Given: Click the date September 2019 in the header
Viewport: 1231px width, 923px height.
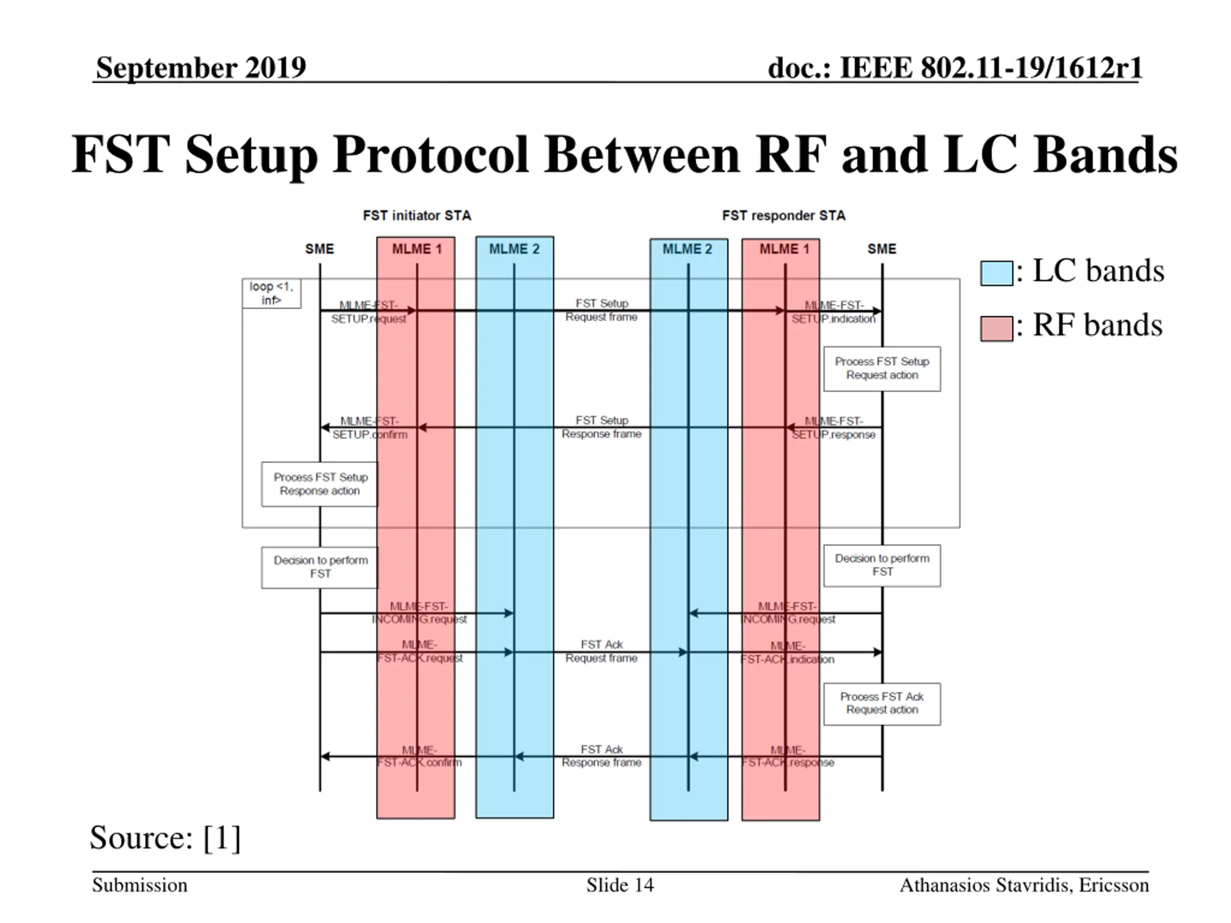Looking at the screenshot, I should point(201,68).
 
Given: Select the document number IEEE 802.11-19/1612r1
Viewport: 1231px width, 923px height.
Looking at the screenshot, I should point(955,68).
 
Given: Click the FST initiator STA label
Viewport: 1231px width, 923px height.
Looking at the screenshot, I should point(417,215).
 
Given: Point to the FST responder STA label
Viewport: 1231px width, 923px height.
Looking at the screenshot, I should point(784,215).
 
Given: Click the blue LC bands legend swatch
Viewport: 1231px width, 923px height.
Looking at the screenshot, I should point(996,273).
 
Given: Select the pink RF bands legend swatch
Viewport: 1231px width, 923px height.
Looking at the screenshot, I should point(996,328).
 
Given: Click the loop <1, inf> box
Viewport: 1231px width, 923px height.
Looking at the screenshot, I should point(272,293).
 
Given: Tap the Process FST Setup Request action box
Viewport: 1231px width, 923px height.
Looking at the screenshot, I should point(882,368).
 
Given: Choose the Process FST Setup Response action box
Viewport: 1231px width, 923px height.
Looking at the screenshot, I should point(320,484).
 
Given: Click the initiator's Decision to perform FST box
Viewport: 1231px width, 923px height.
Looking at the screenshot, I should point(320,567).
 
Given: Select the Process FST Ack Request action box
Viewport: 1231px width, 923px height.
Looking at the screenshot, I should point(882,703).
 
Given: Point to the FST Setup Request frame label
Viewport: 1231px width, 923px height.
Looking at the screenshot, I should point(602,310).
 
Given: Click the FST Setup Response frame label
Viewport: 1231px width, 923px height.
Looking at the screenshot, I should point(602,427).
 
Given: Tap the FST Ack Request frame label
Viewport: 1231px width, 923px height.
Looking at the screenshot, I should point(602,651).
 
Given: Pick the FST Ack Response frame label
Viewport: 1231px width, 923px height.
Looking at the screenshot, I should point(602,756).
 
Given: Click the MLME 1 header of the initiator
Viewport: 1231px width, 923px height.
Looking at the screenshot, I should point(417,249).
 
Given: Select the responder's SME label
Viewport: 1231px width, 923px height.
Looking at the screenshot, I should point(881,249).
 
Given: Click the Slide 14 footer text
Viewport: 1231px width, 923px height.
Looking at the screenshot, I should point(619,885).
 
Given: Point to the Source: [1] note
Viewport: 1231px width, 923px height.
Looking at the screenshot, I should point(165,837).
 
